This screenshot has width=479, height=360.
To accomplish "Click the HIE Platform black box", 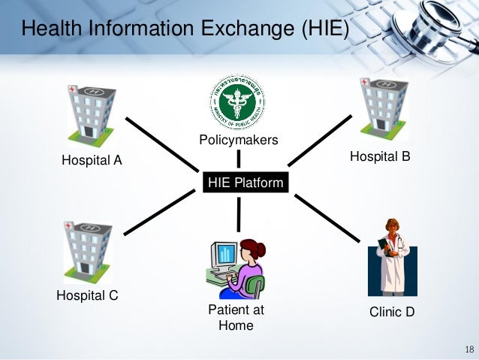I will pyautogui.click(x=246, y=183).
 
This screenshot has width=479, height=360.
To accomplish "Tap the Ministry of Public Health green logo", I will pyautogui.click(x=238, y=103).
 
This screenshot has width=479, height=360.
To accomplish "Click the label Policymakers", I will pyautogui.click(x=238, y=140).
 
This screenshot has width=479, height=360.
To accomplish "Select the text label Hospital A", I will pyautogui.click(x=92, y=159).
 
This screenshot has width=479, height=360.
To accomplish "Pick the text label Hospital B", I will pyautogui.click(x=380, y=156).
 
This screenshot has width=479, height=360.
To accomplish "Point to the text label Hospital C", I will pyautogui.click(x=88, y=295).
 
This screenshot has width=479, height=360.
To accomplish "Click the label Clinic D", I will pyautogui.click(x=392, y=311).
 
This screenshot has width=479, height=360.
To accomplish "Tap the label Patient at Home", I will pyautogui.click(x=236, y=317).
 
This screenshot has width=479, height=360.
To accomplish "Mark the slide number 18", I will pyautogui.click(x=470, y=350).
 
